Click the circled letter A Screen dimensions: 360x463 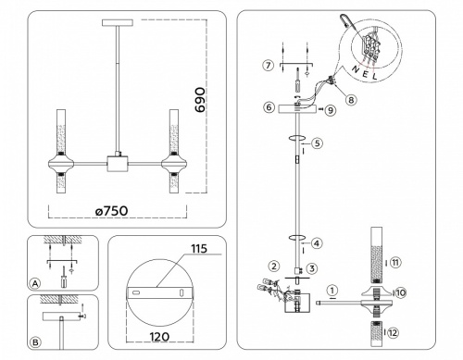(x=34, y=283)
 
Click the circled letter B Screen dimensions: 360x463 (x=34, y=342)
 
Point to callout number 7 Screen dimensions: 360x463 (x=268, y=66)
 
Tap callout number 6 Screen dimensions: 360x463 (x=269, y=108)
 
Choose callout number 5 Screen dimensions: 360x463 (x=317, y=143)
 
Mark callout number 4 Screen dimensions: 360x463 (x=317, y=244)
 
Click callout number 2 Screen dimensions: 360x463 (x=275, y=267)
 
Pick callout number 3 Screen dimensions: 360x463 (x=312, y=268)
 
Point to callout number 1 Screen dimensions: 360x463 (x=333, y=288)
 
